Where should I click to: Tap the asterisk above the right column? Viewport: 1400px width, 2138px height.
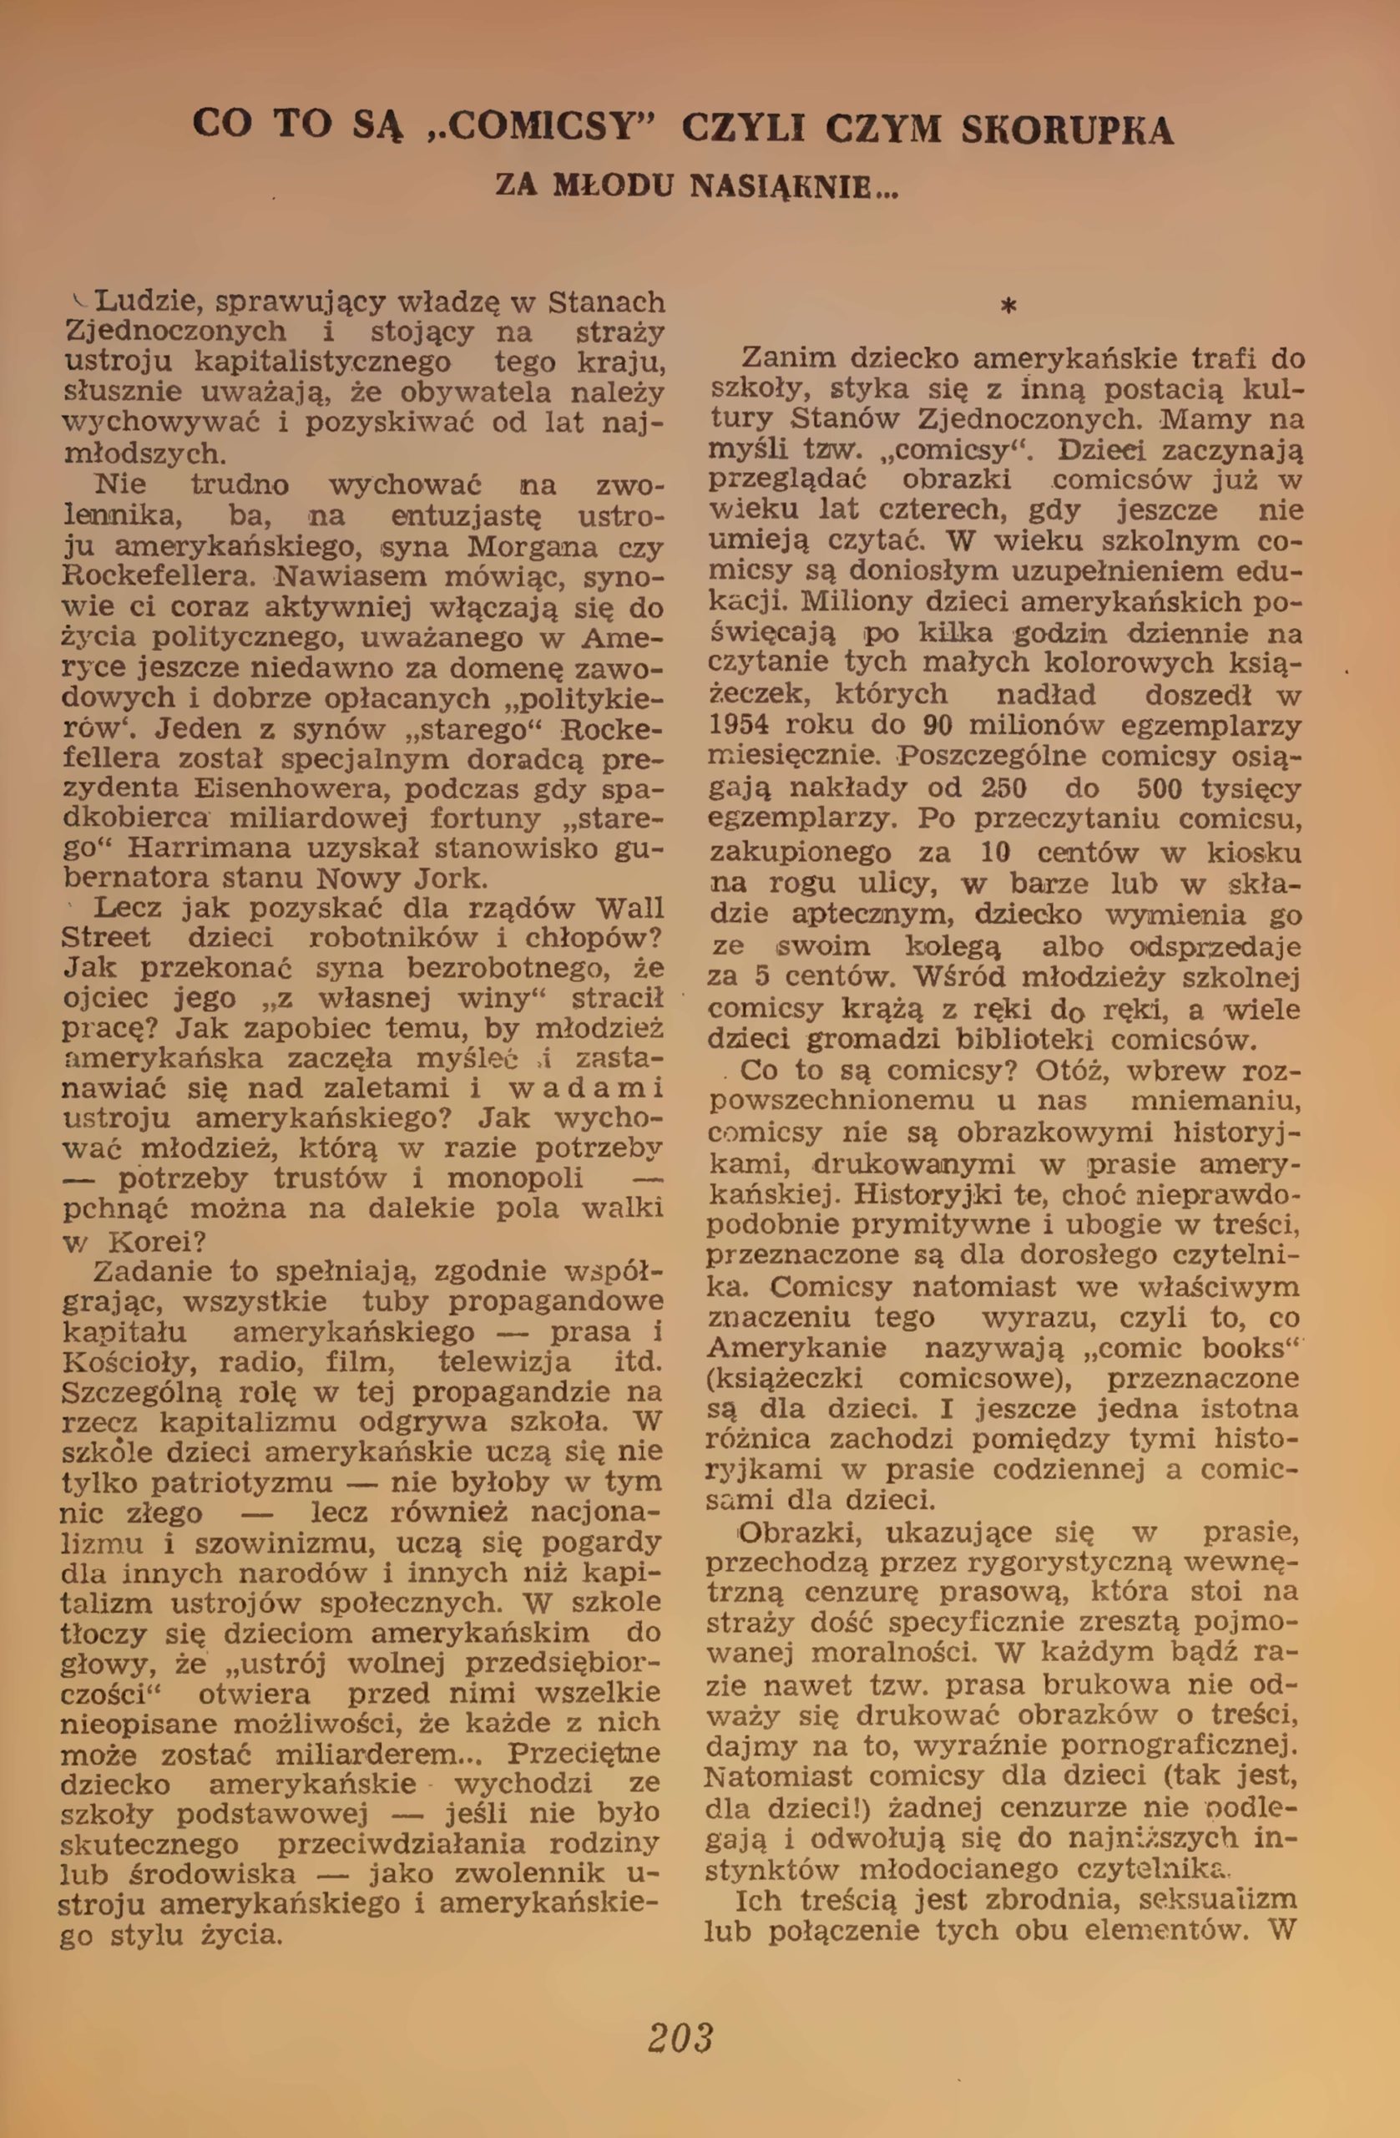click(x=1008, y=307)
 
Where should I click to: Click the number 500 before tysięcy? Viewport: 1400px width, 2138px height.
click(x=1165, y=788)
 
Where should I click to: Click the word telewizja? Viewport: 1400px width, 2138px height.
click(x=503, y=1363)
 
